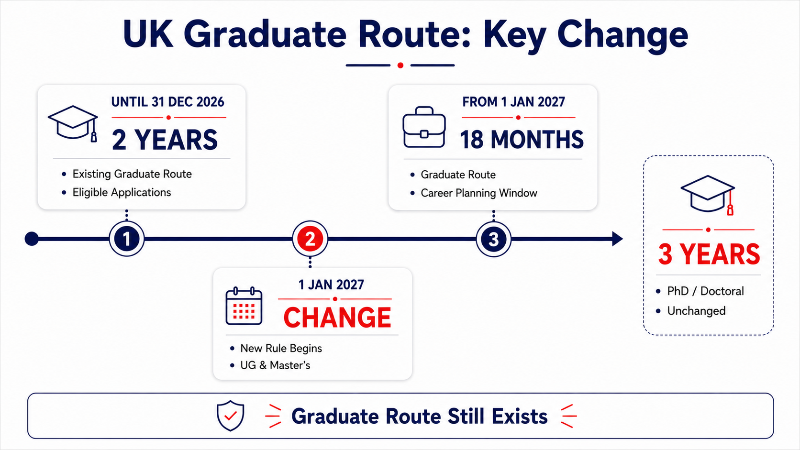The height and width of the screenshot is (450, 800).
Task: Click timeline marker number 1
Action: click(x=126, y=239)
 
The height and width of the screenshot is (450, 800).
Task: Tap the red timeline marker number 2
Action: click(x=310, y=239)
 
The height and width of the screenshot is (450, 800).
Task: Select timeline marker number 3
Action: click(x=494, y=239)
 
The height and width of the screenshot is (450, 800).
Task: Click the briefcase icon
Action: click(x=424, y=127)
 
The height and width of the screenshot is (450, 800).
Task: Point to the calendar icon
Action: click(x=244, y=306)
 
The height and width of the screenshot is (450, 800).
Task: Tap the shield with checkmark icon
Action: click(x=230, y=416)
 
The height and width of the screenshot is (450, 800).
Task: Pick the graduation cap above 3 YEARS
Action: click(x=708, y=195)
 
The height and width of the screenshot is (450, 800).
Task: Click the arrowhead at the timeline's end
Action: click(x=618, y=239)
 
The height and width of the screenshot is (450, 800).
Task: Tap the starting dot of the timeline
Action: click(x=32, y=239)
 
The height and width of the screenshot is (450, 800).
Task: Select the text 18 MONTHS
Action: click(x=522, y=140)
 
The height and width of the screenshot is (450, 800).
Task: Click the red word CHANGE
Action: click(x=337, y=317)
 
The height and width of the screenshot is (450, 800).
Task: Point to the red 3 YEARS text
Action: click(x=709, y=254)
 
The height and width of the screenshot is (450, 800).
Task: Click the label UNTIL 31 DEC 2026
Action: click(x=167, y=102)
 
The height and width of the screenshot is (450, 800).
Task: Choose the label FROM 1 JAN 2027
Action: click(x=513, y=102)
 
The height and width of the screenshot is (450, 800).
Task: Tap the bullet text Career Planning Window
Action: click(x=479, y=193)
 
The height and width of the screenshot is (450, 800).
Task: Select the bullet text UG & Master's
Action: click(x=275, y=365)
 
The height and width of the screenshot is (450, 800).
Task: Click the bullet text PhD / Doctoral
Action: click(x=705, y=291)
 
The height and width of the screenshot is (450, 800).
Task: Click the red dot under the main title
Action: click(x=400, y=66)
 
